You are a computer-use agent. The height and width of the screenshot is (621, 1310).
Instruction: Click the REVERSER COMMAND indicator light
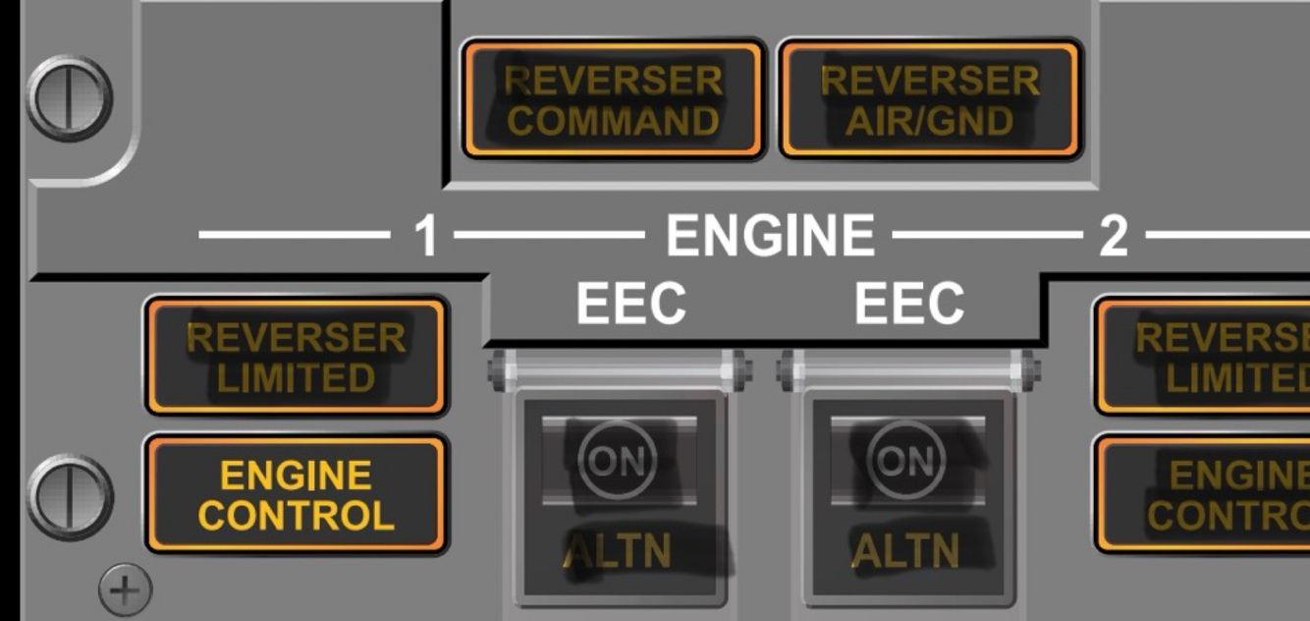(x=613, y=99)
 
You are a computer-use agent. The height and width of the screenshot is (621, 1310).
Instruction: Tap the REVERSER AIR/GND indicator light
(x=930, y=99)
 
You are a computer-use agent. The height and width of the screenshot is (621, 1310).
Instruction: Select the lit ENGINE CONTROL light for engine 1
(x=296, y=495)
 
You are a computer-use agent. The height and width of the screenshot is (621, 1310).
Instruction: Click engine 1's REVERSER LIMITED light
(x=296, y=357)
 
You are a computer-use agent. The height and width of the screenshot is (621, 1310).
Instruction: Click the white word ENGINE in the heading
(x=770, y=236)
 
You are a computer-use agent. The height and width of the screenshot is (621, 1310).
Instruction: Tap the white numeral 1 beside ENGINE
(x=424, y=237)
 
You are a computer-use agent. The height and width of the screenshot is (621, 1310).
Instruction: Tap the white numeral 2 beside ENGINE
(x=1113, y=237)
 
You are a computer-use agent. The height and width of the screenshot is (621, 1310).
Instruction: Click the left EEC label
(x=630, y=305)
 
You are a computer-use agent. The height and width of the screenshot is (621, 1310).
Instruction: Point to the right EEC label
(x=908, y=305)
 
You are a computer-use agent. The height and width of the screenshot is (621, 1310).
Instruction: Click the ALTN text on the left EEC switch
(x=617, y=551)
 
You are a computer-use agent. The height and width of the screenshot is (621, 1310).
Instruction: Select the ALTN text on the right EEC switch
(x=904, y=551)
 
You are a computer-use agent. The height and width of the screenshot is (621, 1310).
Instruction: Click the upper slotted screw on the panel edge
(x=69, y=99)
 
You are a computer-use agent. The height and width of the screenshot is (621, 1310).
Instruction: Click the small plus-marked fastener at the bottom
(x=125, y=590)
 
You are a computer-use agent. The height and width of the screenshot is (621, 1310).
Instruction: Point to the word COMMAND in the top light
(x=613, y=121)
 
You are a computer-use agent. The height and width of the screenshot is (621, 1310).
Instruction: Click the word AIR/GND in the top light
(x=930, y=121)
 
